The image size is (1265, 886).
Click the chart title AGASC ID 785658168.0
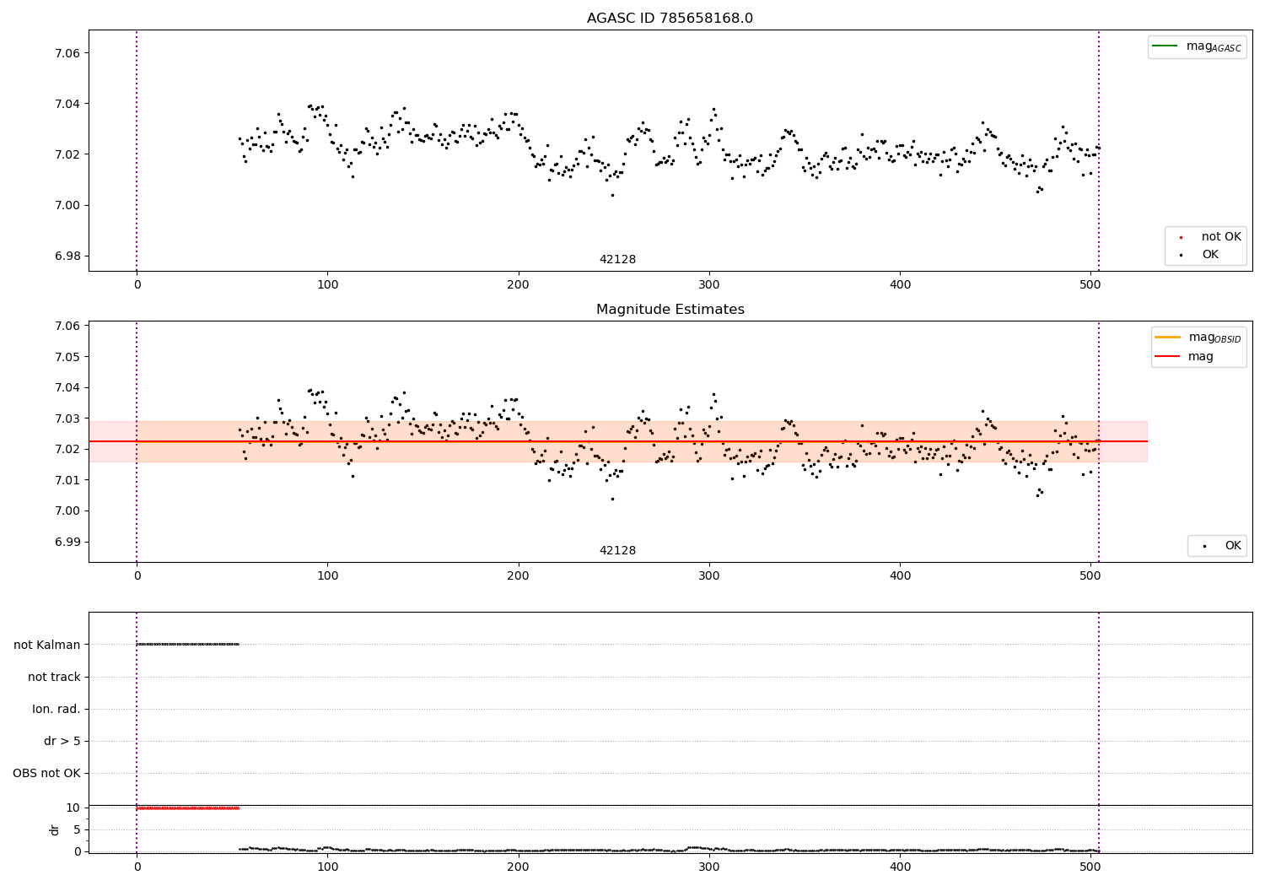[x=670, y=19]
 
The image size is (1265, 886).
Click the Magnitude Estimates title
[x=670, y=310]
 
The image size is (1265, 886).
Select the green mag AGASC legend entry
[x=1197, y=46]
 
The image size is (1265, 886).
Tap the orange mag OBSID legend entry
[x=1198, y=338]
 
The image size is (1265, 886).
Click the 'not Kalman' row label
[x=47, y=645]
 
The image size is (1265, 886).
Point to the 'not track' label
[x=54, y=677]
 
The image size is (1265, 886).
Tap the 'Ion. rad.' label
[x=57, y=709]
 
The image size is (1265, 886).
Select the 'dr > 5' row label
[x=62, y=742]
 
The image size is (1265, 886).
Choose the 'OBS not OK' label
[x=47, y=774]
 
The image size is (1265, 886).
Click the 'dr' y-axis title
[x=55, y=829]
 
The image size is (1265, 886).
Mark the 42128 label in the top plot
[x=617, y=260]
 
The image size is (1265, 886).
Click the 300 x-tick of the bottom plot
[x=709, y=867]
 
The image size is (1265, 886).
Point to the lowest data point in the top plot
[x=612, y=195]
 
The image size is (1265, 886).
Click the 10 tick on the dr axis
[x=73, y=808]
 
